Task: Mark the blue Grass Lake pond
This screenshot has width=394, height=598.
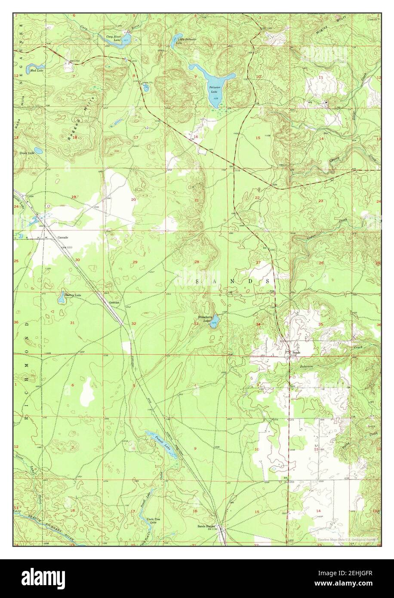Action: click(x=38, y=151)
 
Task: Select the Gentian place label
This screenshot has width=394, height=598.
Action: click(x=114, y=302)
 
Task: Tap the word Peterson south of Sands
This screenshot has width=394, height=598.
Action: click(x=307, y=366)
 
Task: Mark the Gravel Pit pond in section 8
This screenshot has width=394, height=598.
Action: click(x=146, y=88)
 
